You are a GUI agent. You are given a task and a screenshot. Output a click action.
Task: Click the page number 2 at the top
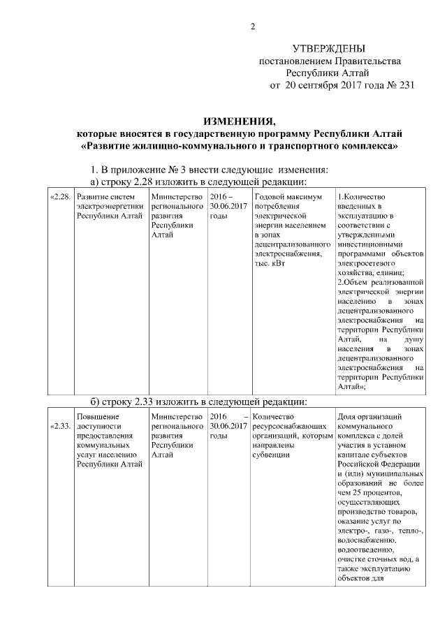point(254,27)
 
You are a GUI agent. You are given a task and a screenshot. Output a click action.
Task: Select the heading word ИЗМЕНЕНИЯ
point(240,121)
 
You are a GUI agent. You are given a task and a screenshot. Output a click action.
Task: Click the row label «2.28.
point(60,197)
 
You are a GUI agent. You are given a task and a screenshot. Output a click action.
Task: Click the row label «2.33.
point(60,426)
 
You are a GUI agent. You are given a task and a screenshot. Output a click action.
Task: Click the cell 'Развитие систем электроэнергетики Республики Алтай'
point(110,206)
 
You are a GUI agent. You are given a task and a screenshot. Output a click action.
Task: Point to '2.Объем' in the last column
point(353,283)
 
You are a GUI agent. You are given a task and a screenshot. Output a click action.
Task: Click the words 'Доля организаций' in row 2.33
point(369,417)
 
